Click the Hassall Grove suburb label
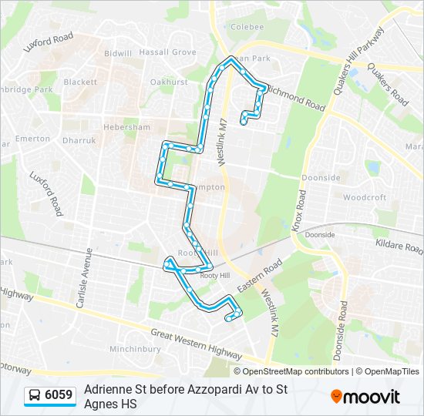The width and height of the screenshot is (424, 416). (x=173, y=52)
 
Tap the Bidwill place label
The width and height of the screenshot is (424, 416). (x=118, y=54)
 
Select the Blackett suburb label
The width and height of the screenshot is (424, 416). (x=80, y=82)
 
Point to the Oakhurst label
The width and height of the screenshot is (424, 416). (x=169, y=82)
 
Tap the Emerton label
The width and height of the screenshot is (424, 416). (x=32, y=139)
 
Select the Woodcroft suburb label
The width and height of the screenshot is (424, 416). (x=365, y=197)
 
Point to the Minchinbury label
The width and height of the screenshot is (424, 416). (x=135, y=349)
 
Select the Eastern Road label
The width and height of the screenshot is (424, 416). (x=261, y=275)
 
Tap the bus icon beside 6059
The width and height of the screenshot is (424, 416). (x=35, y=396)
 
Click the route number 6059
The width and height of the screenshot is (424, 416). (x=59, y=396)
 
